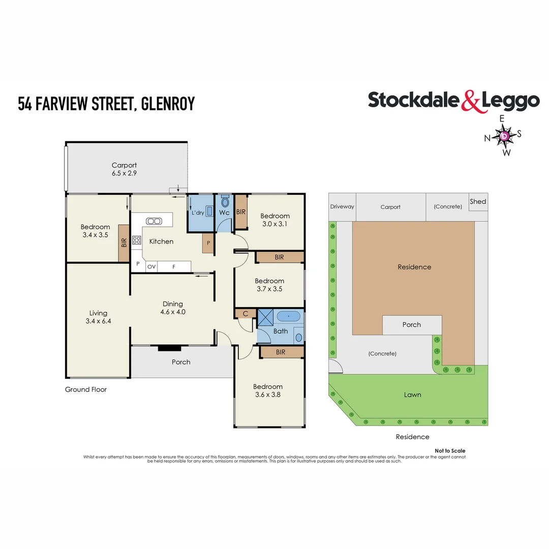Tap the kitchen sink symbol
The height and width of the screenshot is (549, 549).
pos(153,221)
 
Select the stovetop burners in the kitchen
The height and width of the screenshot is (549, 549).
pos(137,241)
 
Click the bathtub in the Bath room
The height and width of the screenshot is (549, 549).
pos(289,317)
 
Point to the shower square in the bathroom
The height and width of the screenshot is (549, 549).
pos(265,317)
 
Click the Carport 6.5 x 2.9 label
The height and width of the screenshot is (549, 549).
pos(125,169)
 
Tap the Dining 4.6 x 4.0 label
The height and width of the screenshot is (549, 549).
pos(172,308)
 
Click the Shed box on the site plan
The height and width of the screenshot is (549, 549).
pos(478,201)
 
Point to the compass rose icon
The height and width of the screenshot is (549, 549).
pos(504,136)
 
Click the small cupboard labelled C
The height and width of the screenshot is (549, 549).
pos(246,314)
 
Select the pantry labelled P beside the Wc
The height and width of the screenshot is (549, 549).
pos(208,243)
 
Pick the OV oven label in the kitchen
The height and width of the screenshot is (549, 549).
pos(151,266)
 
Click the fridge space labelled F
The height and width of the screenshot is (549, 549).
pos(174,266)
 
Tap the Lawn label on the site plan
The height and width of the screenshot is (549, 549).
pos(412,394)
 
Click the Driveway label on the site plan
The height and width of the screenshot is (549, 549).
pos(342,207)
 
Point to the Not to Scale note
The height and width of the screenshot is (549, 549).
pos(450,451)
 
